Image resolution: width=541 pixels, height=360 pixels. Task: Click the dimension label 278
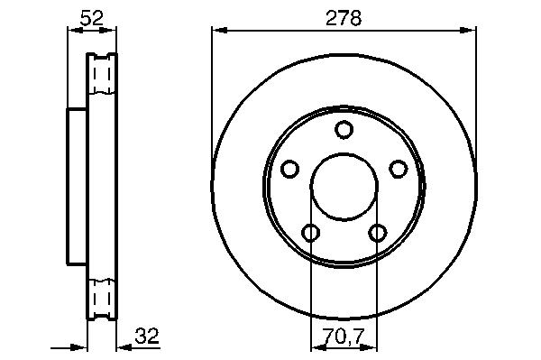click(x=344, y=18)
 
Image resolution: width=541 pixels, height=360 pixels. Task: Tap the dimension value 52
click(x=91, y=18)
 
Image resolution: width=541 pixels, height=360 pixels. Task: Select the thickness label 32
click(x=147, y=336)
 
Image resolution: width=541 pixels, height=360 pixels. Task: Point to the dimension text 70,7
click(x=344, y=337)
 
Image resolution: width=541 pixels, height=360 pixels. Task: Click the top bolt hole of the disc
click(x=344, y=129)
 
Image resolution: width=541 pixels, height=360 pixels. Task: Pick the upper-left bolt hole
click(x=289, y=169)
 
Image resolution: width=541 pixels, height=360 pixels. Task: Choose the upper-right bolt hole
click(x=399, y=169)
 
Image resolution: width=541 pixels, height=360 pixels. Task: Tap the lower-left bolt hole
click(x=310, y=232)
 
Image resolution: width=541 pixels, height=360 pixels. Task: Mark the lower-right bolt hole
click(x=378, y=232)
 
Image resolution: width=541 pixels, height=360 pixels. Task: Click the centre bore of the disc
click(x=344, y=187)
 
